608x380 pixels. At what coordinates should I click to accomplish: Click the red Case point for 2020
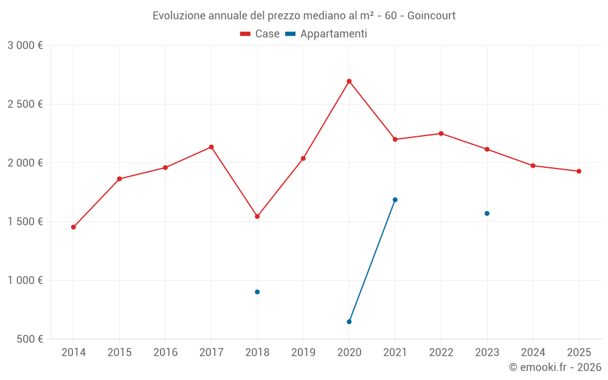[x=349, y=81]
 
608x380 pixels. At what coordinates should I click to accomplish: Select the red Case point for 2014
[x=74, y=227]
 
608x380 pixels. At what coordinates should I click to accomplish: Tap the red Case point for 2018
[x=257, y=216]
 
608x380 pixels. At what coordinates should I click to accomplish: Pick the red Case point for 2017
[x=211, y=147]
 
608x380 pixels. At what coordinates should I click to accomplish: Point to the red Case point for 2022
[x=441, y=133]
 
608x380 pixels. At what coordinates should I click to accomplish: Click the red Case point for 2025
[x=579, y=171]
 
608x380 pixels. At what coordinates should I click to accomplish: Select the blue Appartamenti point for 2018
[x=257, y=292]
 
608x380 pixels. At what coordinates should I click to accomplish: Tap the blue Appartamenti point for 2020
[x=349, y=322]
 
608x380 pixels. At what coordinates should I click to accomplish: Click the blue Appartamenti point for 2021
[x=395, y=199]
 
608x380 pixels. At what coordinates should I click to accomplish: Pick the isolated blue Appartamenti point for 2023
[x=487, y=213]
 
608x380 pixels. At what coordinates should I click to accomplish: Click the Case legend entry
[x=260, y=34]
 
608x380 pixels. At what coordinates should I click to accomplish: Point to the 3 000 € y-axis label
[x=25, y=46]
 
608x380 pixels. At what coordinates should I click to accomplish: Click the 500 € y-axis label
[x=29, y=339]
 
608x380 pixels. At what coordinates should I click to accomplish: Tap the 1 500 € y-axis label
[x=25, y=222]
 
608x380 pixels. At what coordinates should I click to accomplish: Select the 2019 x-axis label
[x=303, y=353]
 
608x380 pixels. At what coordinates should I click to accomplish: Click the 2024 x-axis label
[x=533, y=353]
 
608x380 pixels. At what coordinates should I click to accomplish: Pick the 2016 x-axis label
[x=165, y=353]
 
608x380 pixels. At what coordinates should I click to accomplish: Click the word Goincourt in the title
[x=431, y=15]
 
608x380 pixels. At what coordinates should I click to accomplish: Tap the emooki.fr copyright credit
[x=555, y=367]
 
